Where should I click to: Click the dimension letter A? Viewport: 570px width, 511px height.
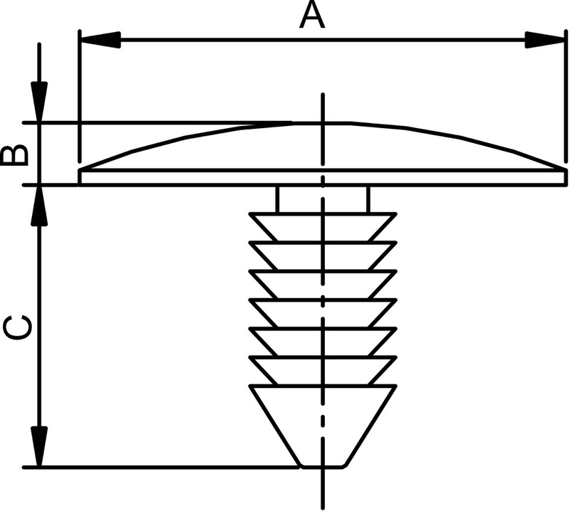[311, 16]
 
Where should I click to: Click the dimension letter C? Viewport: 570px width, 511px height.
[17, 327]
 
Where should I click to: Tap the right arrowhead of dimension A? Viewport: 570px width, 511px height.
[544, 41]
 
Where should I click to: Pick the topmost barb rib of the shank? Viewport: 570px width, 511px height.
[323, 226]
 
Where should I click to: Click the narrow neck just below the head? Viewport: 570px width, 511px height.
[323, 199]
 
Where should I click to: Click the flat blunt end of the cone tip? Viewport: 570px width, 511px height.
[323, 466]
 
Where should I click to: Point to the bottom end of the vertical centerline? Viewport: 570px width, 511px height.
[323, 502]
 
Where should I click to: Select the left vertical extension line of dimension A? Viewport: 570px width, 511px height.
[78, 100]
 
